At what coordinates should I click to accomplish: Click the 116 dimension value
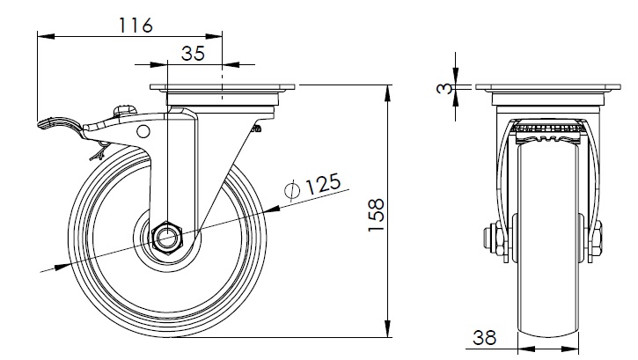pos(136,26)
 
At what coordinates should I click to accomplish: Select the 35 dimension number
pos(193,54)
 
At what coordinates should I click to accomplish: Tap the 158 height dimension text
pos(377,215)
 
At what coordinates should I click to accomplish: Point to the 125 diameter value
pos(323,184)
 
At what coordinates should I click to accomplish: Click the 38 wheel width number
pos(484,337)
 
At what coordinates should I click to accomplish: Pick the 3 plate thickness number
pos(444,88)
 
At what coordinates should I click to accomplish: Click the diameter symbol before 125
pos(292,190)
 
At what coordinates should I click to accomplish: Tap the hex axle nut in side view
pos(167,238)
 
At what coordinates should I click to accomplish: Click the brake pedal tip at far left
pos(40,123)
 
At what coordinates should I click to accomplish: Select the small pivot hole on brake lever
pos(143,131)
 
